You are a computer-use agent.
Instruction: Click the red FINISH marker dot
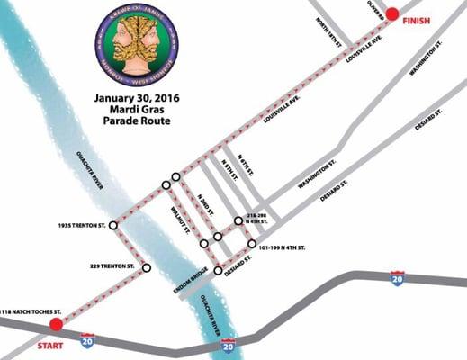392,15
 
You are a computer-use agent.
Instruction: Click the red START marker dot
56,324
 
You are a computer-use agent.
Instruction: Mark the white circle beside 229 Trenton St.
146,267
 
